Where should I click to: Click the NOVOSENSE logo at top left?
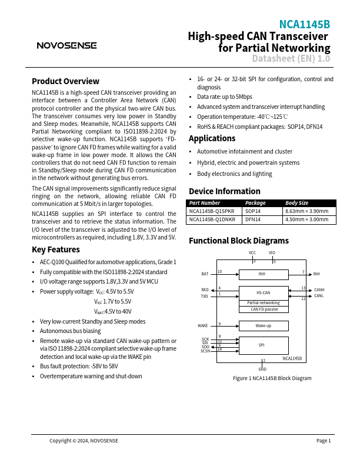(x=66, y=45)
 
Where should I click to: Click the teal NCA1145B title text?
(x=304, y=24)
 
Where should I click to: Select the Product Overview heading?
(x=65, y=81)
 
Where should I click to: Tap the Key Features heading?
(x=55, y=249)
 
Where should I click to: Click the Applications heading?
(x=212, y=138)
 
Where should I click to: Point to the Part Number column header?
(x=205, y=202)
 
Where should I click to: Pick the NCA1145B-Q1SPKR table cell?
(x=212, y=211)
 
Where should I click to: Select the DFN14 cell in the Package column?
(x=253, y=219)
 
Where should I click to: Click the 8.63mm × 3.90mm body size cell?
(x=306, y=211)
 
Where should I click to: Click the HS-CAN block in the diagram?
(x=263, y=292)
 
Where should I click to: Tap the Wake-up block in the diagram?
(x=263, y=325)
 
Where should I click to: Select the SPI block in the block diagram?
(x=263, y=345)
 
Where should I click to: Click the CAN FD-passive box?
(x=263, y=309)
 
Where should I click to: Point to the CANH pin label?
(x=319, y=289)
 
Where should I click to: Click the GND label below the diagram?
(x=263, y=368)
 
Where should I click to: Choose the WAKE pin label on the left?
(x=202, y=325)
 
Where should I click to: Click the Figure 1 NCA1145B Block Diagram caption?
(x=272, y=378)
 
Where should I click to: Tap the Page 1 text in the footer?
(x=324, y=441)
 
